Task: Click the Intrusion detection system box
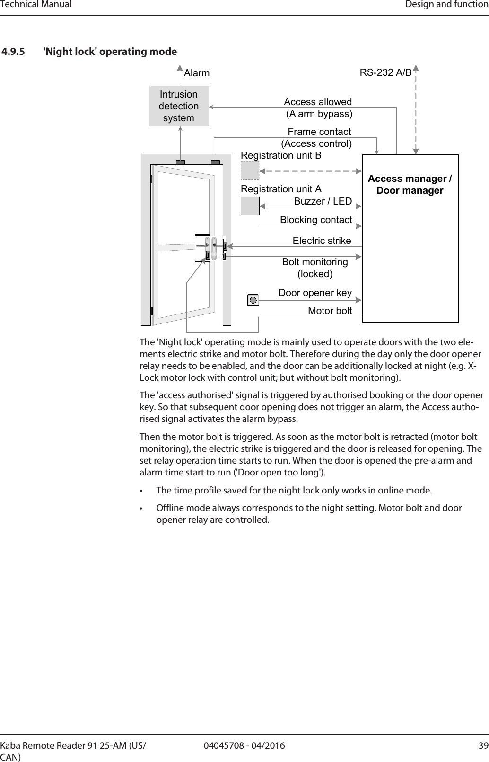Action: (x=179, y=106)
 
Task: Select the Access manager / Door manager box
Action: (x=410, y=238)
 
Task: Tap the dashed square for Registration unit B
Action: (x=250, y=170)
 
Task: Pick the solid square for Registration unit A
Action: (x=250, y=205)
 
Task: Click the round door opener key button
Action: (x=253, y=300)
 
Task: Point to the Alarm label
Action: (x=197, y=73)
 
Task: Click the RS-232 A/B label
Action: (x=385, y=73)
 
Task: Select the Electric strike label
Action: (x=322, y=241)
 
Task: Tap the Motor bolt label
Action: (x=330, y=311)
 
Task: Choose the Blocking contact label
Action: (x=316, y=220)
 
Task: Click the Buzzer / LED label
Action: (x=323, y=202)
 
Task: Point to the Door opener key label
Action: (x=315, y=293)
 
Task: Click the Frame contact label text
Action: (x=319, y=132)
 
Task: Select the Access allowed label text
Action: (x=318, y=102)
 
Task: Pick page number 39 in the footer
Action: (x=483, y=746)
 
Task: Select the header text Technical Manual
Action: (x=36, y=5)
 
